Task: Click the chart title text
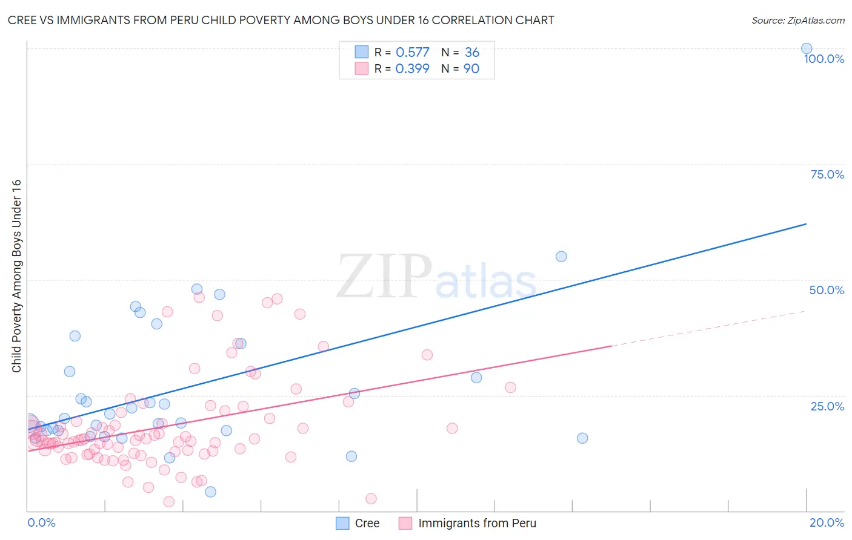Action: tap(281, 21)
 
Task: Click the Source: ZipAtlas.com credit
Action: tap(797, 21)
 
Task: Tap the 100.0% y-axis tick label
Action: tap(824, 59)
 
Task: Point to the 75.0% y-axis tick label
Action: tap(827, 174)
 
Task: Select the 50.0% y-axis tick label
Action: tap(826, 290)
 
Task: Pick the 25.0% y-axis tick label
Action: tap(827, 406)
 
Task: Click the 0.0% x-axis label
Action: tap(41, 522)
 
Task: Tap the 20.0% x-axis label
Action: tap(827, 522)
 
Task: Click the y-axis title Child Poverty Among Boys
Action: tap(17, 276)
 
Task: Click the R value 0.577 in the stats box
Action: tap(412, 53)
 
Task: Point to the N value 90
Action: tap(471, 69)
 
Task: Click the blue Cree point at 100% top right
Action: tap(806, 48)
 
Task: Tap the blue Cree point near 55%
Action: tap(561, 257)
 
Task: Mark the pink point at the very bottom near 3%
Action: tap(371, 498)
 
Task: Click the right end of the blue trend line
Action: tap(805, 224)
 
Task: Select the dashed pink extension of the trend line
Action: tap(709, 329)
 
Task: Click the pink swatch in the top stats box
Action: tap(362, 68)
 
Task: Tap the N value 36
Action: tap(471, 53)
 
